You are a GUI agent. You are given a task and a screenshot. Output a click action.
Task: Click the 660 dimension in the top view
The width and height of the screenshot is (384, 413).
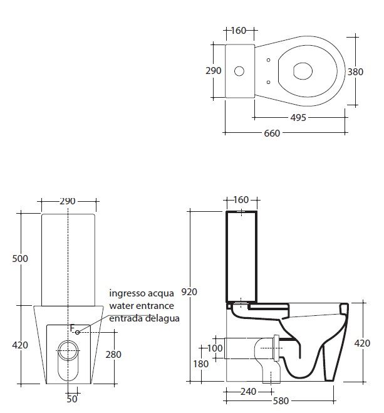pyautogui.click(x=272, y=133)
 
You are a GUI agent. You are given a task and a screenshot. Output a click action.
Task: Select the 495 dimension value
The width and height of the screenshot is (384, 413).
pyautogui.click(x=298, y=117)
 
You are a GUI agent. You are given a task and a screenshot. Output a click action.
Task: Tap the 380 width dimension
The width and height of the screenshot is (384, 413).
pyautogui.click(x=355, y=71)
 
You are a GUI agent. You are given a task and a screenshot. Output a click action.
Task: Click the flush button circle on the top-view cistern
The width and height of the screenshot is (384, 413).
pyautogui.click(x=239, y=71)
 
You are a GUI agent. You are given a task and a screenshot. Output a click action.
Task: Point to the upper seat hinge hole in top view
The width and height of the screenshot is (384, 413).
pyautogui.click(x=268, y=60)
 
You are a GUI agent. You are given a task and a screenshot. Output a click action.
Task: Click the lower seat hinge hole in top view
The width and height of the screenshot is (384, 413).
pyautogui.click(x=268, y=82)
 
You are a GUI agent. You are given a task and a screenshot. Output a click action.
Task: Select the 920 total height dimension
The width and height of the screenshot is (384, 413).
pyautogui.click(x=189, y=292)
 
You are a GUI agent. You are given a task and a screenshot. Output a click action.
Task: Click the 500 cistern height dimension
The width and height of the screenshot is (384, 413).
pyautogui.click(x=20, y=259)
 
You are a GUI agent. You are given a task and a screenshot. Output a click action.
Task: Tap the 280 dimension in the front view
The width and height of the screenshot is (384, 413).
pyautogui.click(x=113, y=355)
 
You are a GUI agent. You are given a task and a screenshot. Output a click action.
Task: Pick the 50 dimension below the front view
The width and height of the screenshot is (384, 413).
pyautogui.click(x=72, y=399)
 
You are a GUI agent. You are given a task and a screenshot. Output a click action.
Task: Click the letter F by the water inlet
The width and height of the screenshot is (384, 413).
pyautogui.click(x=73, y=328)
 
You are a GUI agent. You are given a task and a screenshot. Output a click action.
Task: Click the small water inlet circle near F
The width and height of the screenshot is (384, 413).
pyautogui.click(x=77, y=332)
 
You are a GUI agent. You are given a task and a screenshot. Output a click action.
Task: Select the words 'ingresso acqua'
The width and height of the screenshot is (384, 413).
pyautogui.click(x=142, y=293)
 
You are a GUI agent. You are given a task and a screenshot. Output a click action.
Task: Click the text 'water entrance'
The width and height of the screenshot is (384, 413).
pyautogui.click(x=142, y=306)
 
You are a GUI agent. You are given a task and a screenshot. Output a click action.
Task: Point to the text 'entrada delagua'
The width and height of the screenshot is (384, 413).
pyautogui.click(x=144, y=318)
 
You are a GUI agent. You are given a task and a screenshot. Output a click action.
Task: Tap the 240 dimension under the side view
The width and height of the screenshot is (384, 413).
pyautogui.click(x=248, y=392)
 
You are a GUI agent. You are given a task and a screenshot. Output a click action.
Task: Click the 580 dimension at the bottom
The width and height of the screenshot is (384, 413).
pyautogui.click(x=281, y=401)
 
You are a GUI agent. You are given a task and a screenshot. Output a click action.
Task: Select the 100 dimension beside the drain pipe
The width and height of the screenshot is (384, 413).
pyautogui.click(x=215, y=348)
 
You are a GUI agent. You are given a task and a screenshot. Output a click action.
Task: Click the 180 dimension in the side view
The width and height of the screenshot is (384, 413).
pyautogui.click(x=201, y=364)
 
